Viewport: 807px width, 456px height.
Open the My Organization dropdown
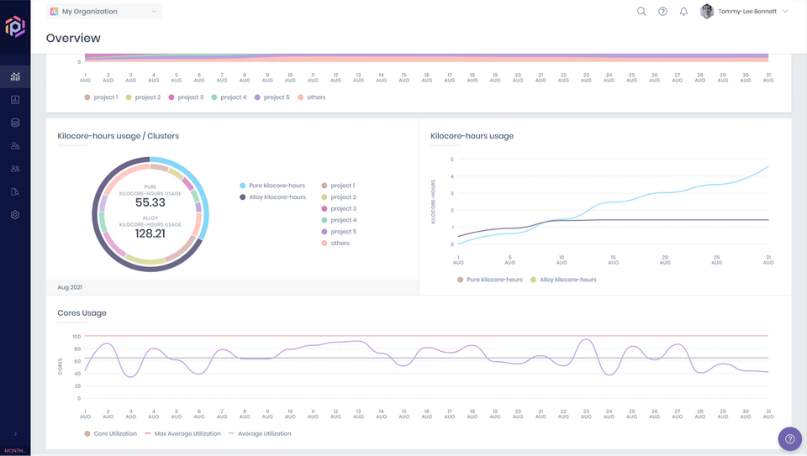click(104, 12)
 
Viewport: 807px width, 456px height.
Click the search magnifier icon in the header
click(641, 12)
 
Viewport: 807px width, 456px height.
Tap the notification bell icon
click(683, 12)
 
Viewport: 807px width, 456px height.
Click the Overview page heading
click(73, 38)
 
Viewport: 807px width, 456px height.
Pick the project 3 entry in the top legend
click(186, 97)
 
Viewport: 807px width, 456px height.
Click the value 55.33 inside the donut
click(150, 202)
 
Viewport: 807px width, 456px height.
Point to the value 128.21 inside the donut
click(150, 233)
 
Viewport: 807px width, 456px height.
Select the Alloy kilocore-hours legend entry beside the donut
click(277, 197)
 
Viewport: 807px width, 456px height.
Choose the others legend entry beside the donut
click(340, 244)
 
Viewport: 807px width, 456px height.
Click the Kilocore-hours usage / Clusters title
click(118, 136)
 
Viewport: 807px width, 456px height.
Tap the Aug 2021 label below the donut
click(69, 287)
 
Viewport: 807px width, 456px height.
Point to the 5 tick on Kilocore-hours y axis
click(451, 160)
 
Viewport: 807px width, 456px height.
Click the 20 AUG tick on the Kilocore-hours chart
click(665, 260)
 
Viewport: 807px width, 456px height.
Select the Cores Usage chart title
click(82, 313)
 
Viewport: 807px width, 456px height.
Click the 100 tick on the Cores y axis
click(76, 336)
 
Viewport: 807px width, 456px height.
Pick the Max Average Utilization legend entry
click(187, 434)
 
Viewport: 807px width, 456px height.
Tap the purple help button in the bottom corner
click(789, 438)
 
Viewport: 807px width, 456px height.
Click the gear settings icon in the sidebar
click(15, 215)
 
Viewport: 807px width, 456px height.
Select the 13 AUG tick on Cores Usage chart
click(359, 414)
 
